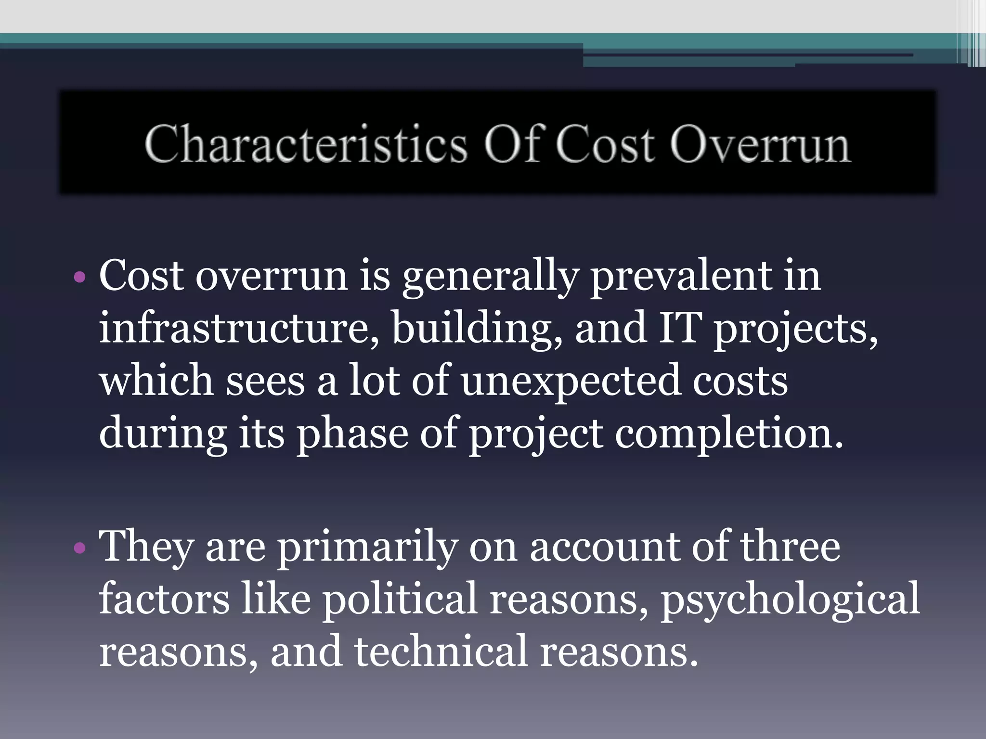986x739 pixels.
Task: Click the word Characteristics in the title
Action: point(306,144)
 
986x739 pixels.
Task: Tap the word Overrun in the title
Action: point(760,144)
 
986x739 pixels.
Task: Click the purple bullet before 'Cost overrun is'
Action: point(80,278)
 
